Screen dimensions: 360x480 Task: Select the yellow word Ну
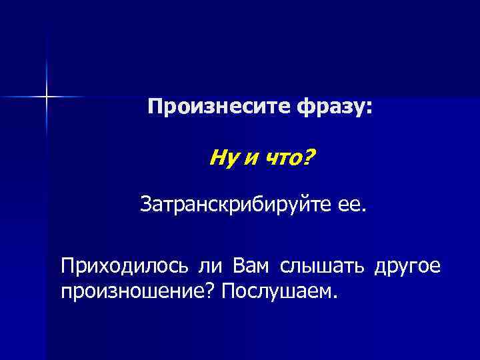point(220,159)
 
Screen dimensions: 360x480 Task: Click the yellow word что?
point(291,159)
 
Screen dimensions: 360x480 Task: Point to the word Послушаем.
point(281,291)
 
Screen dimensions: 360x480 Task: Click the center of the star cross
point(46,97)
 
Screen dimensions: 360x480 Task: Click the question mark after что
point(311,158)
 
